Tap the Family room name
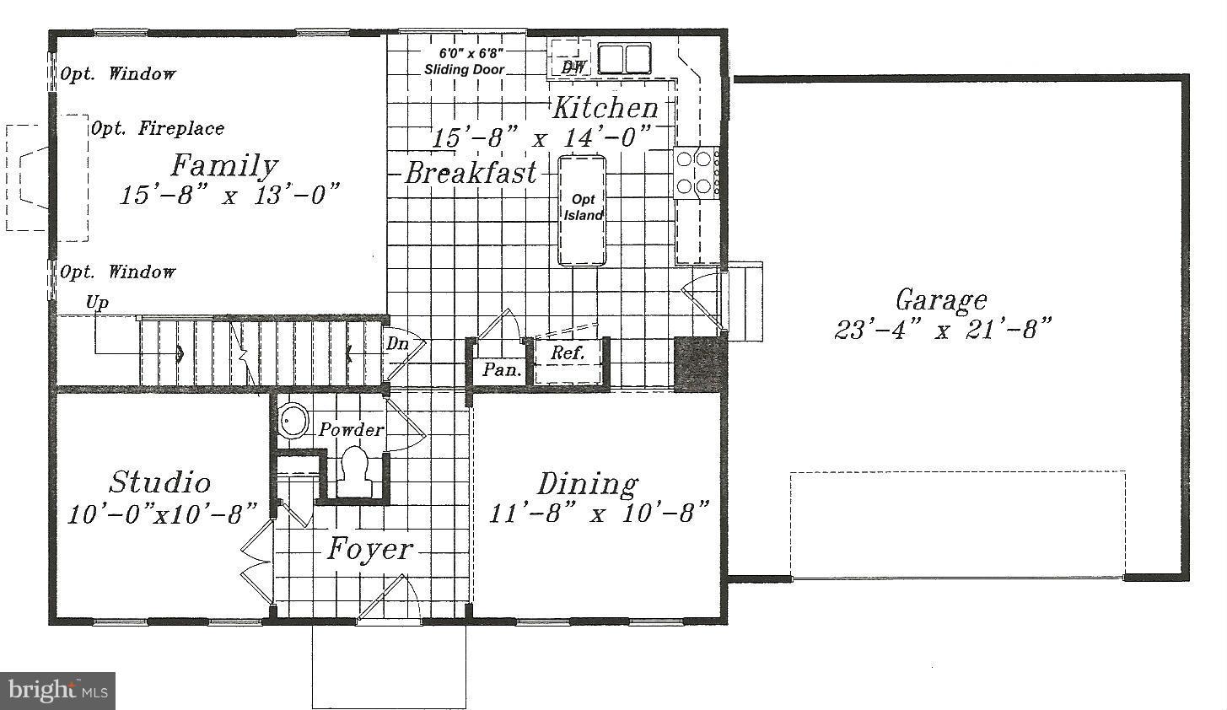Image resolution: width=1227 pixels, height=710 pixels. point(223,165)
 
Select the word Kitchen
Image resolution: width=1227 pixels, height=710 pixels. point(605,108)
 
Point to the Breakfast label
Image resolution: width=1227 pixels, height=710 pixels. point(471,174)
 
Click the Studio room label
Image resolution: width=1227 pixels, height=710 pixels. point(159,482)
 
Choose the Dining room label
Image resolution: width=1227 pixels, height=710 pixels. point(588,484)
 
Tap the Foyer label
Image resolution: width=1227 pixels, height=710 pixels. point(370,550)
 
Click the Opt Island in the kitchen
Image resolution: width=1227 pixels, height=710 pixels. point(583,208)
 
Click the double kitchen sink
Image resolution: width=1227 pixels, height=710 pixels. point(625,59)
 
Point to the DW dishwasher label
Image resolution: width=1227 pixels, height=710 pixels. point(573,67)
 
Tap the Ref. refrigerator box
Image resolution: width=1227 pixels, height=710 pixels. point(568,354)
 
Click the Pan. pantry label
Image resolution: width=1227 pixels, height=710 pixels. point(503,369)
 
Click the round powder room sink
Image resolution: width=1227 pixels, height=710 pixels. point(294,421)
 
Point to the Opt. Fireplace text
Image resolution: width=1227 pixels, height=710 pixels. point(158,129)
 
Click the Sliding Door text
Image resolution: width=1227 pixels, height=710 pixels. point(465,70)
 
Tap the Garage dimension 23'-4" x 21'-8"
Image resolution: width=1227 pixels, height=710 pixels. point(944,329)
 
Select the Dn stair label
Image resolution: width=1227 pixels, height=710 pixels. point(397,344)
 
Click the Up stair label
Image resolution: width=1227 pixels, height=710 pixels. point(97,303)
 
